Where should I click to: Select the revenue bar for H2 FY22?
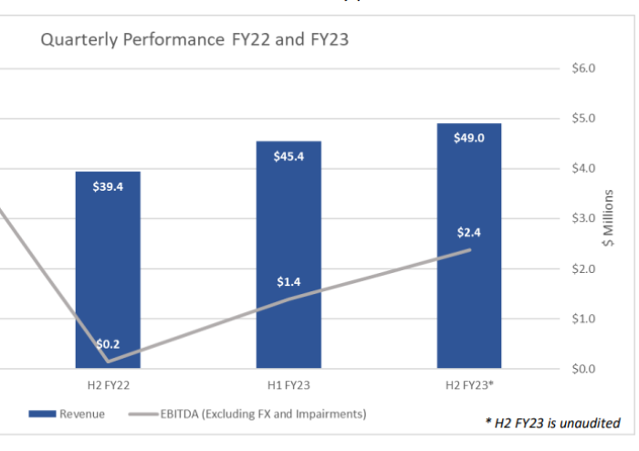pyautogui.click(x=108, y=274)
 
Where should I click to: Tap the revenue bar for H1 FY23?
pyautogui.click(x=288, y=228)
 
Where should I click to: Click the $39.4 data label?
pyautogui.click(x=108, y=187)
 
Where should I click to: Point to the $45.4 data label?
pyautogui.click(x=288, y=156)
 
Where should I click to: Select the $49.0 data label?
pyautogui.click(x=469, y=138)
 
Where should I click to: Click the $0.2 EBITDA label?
pyautogui.click(x=108, y=344)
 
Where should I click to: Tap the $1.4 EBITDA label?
pyautogui.click(x=288, y=282)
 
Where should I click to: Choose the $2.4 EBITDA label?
pyautogui.click(x=469, y=232)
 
